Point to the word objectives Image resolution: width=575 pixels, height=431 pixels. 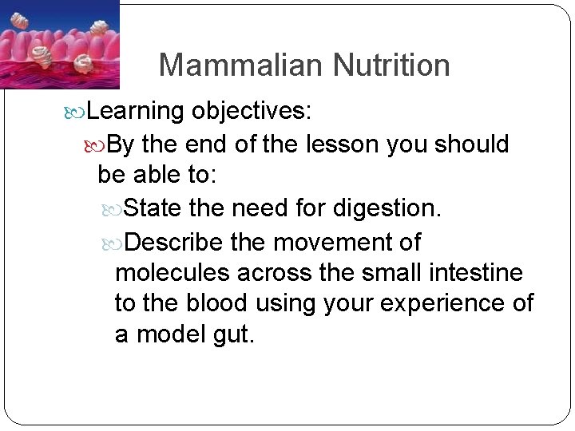click(x=251, y=111)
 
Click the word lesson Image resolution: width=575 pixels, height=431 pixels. click(x=341, y=144)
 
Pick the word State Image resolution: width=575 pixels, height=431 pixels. click(x=154, y=209)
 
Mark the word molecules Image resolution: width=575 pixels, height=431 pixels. click(x=172, y=273)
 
